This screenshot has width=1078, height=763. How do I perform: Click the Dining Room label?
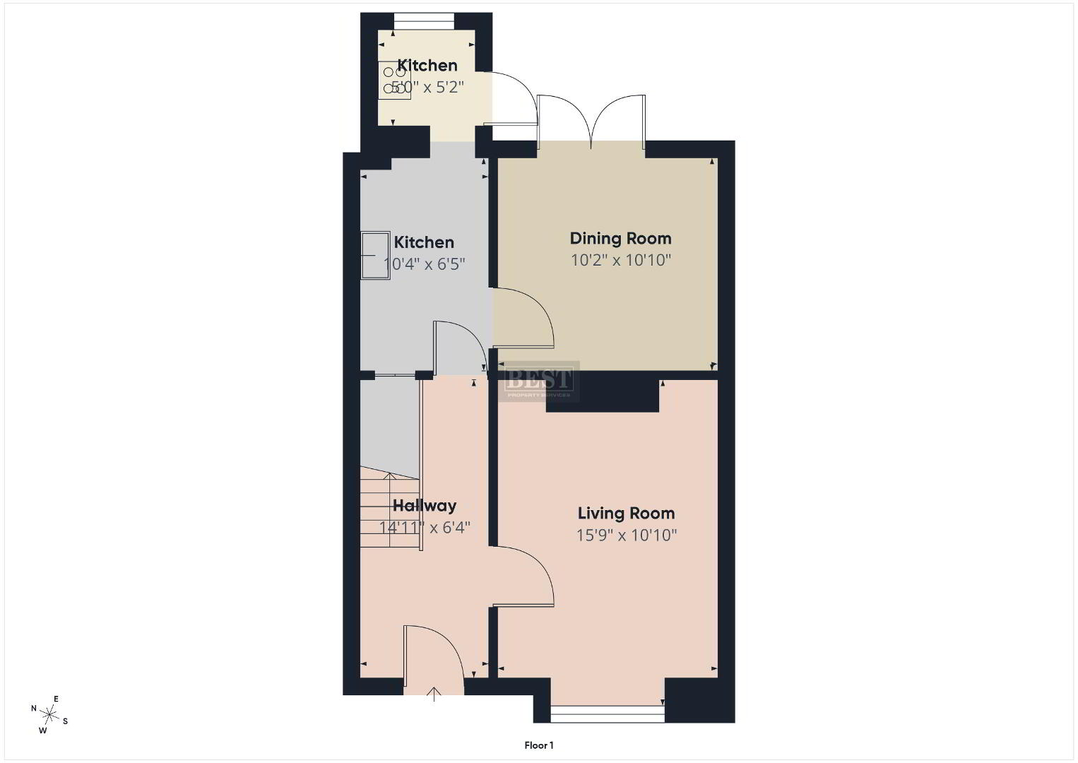(620, 238)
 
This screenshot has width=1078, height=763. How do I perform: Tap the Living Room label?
(626, 514)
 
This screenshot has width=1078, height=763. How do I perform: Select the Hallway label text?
(425, 506)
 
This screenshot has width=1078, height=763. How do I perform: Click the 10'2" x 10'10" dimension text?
(621, 261)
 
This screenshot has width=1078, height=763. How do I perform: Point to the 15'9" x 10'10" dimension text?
(627, 536)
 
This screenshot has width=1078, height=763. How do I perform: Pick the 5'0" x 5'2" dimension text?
(427, 88)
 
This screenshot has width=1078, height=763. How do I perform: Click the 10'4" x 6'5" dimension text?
(425, 264)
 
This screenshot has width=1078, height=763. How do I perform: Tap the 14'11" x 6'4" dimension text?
(425, 528)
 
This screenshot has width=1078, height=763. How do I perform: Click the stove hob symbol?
(394, 81)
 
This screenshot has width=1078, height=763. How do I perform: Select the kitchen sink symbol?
(375, 255)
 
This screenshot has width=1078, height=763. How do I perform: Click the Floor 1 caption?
(539, 745)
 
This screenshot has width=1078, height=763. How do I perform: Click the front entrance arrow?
(434, 694)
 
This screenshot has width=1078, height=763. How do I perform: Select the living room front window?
(608, 714)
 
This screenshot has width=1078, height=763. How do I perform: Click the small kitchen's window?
(424, 21)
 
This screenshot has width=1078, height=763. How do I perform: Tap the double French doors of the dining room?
(591, 120)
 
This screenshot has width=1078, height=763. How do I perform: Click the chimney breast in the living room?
(603, 395)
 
